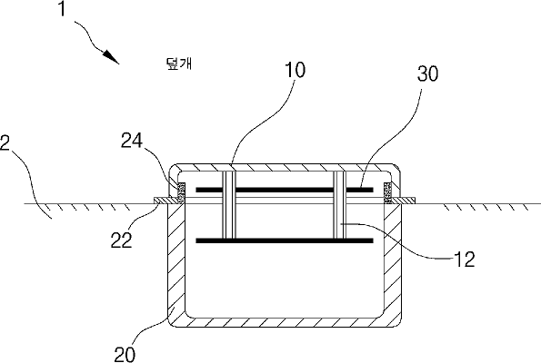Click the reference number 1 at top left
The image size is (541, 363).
click(x=62, y=8)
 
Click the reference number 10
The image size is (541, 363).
click(x=295, y=70)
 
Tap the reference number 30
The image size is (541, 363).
click(x=428, y=74)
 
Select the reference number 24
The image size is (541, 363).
click(x=132, y=141)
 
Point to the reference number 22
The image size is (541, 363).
click(x=122, y=240)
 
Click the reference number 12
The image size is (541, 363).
click(x=465, y=260)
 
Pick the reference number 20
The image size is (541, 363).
click(x=125, y=354)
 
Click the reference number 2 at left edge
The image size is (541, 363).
click(x=5, y=142)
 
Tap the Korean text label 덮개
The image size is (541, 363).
click(x=179, y=64)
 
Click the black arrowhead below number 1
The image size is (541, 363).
click(x=111, y=57)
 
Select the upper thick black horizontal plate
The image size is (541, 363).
click(x=285, y=190)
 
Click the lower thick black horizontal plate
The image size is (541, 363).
click(x=285, y=240)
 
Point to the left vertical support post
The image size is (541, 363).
click(x=229, y=204)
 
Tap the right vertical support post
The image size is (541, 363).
click(x=339, y=204)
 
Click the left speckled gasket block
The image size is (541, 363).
click(x=181, y=192)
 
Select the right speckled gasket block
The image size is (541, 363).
click(x=388, y=192)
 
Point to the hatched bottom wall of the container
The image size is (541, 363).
click(x=285, y=322)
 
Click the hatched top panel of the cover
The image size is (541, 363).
click(x=285, y=167)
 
